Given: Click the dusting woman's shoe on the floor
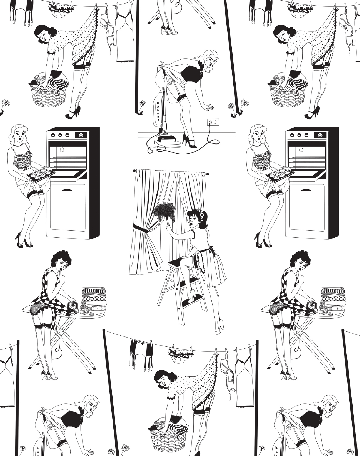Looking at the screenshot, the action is point(219,328).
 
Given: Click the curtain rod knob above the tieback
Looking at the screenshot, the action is point(134,171).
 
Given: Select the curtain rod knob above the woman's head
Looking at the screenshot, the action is point(207,174).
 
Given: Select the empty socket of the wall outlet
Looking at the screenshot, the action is point(215,122).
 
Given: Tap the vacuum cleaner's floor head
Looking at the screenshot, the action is point(168,142).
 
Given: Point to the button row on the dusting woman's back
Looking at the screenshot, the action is point(206,239).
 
